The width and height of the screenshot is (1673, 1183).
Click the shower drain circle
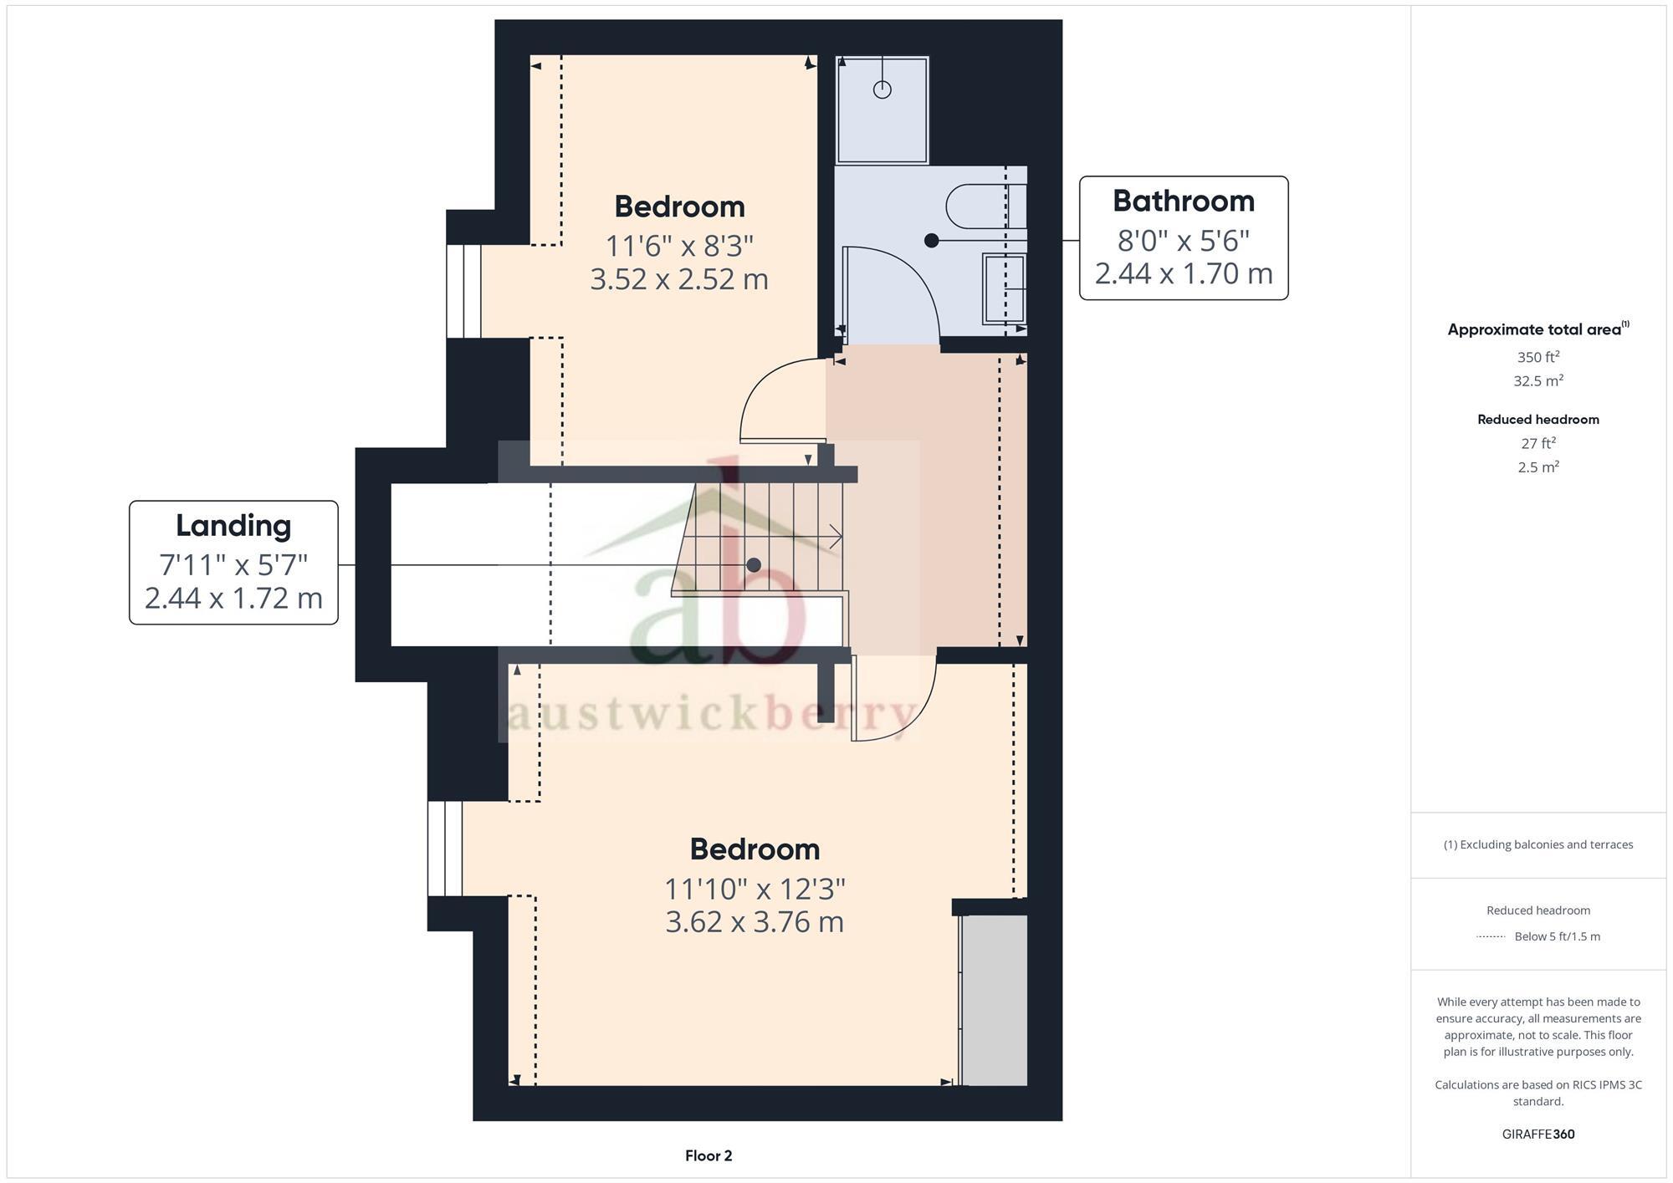[x=882, y=89]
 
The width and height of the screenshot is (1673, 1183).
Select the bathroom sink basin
[x=1003, y=288]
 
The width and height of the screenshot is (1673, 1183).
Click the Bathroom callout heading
[x=1183, y=201]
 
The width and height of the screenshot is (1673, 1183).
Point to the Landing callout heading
[x=233, y=526]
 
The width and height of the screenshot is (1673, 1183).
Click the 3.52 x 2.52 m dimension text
[x=678, y=279]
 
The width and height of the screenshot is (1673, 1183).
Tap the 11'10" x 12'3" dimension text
[x=755, y=890]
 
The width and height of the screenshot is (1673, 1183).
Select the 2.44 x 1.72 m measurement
[x=233, y=599]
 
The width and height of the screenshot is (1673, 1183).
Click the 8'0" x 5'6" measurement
[x=1183, y=241]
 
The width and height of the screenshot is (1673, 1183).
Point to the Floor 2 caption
[x=708, y=1156]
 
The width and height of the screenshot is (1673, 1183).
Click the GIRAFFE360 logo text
[x=1537, y=1135]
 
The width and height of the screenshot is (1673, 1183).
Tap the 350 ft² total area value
[x=1537, y=358]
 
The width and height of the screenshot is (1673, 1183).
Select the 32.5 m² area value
[x=1537, y=381]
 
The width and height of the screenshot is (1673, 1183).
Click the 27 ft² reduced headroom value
[x=1537, y=444]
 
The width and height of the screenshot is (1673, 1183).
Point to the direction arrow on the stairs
[x=834, y=537]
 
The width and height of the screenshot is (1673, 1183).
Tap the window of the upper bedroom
[x=463, y=291]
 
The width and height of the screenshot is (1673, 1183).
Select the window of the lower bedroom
[x=445, y=849]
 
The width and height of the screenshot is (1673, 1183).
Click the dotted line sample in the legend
[x=1491, y=937]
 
